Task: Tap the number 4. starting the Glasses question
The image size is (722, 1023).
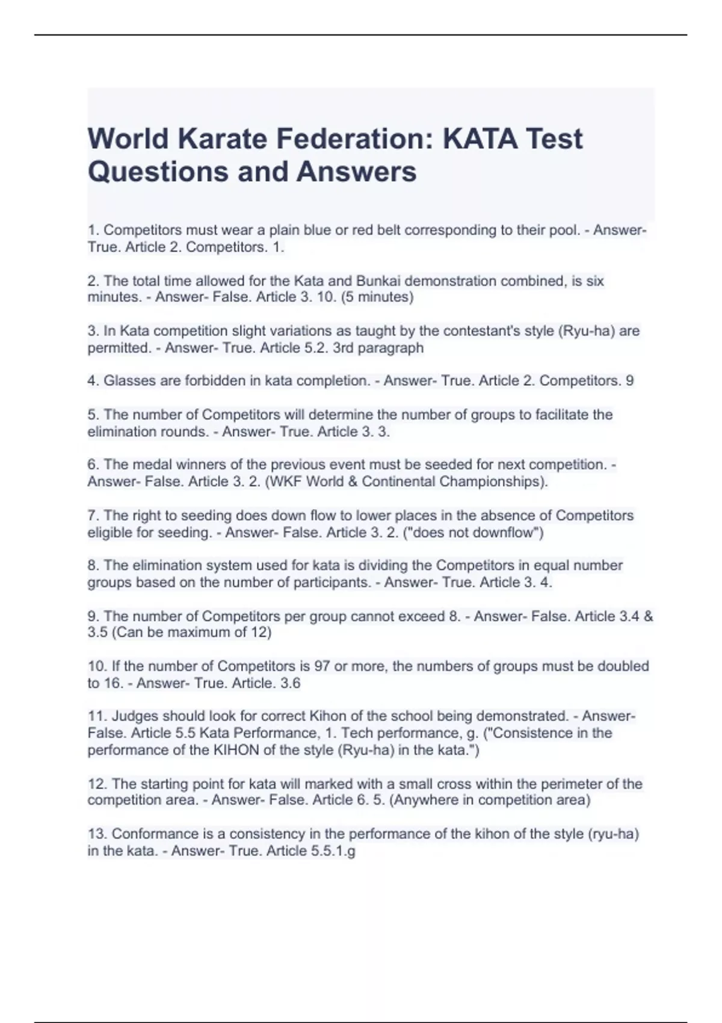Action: coord(93,381)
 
